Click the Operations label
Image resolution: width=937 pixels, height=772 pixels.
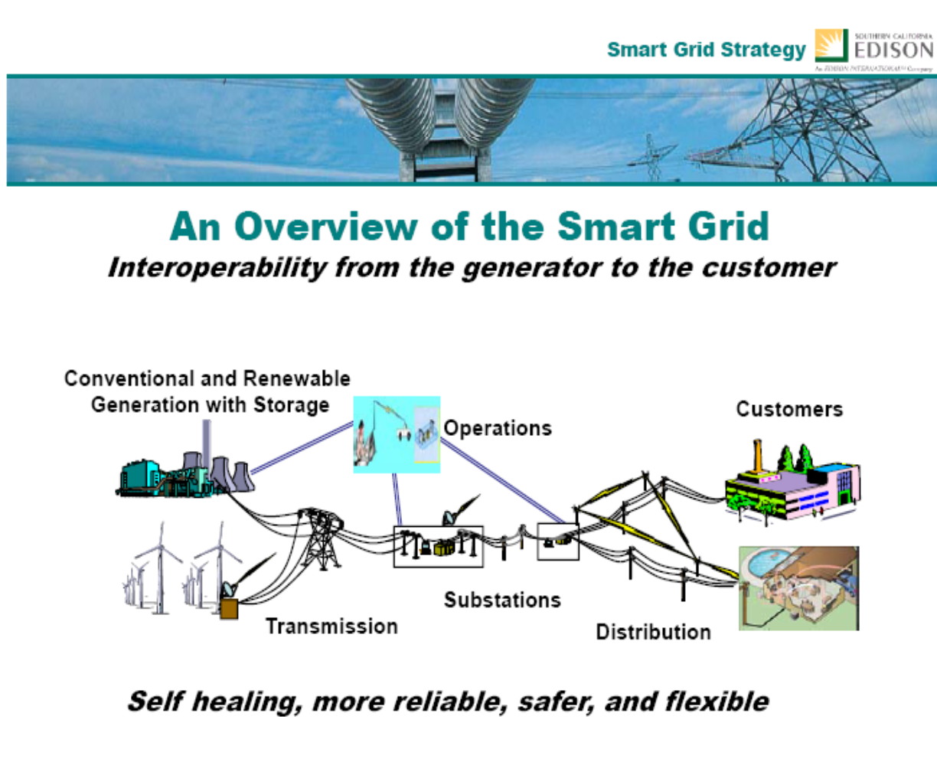click(x=498, y=428)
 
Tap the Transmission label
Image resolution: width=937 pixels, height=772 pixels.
click(x=331, y=626)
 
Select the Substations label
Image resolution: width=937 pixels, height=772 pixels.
click(x=502, y=600)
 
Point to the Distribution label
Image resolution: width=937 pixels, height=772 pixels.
click(x=653, y=633)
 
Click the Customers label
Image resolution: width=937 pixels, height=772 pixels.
click(x=789, y=409)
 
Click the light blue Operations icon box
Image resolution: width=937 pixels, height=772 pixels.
click(x=397, y=434)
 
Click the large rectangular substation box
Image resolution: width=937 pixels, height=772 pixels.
click(x=438, y=546)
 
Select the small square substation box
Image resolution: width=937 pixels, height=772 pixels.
click(x=557, y=541)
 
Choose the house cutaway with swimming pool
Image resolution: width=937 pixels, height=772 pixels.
click(x=798, y=588)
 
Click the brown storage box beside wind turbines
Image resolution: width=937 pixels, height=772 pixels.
click(x=229, y=609)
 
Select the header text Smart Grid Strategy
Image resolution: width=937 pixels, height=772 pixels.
click(x=706, y=51)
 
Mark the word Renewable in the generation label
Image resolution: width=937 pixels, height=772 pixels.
click(x=305, y=379)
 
